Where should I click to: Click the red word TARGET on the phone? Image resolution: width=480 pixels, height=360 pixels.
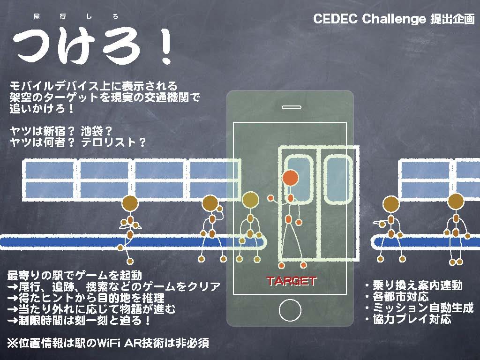click(x=291, y=281)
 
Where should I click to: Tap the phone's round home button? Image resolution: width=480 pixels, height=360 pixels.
click(x=290, y=310)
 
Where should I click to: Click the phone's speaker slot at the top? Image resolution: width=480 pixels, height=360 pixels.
click(x=292, y=107)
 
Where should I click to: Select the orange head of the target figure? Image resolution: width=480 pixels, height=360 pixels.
click(x=290, y=178)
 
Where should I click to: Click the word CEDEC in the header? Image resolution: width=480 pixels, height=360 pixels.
click(x=335, y=19)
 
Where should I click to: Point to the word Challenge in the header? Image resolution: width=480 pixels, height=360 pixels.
click(x=394, y=19)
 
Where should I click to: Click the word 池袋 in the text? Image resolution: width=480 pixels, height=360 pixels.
click(x=92, y=131)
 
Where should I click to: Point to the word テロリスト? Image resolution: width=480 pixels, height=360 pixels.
click(x=109, y=142)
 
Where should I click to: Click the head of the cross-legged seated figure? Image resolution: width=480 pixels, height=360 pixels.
click(x=130, y=204)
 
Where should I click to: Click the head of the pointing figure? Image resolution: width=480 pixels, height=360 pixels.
click(x=391, y=204)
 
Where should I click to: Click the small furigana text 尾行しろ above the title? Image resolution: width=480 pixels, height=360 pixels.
click(x=75, y=16)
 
